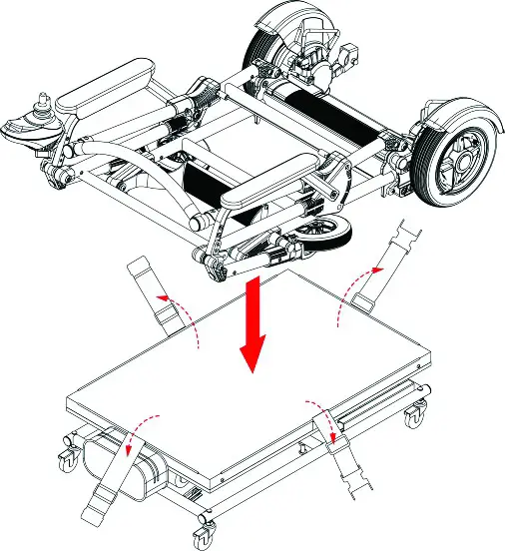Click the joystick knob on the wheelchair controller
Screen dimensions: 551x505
(45, 101)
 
